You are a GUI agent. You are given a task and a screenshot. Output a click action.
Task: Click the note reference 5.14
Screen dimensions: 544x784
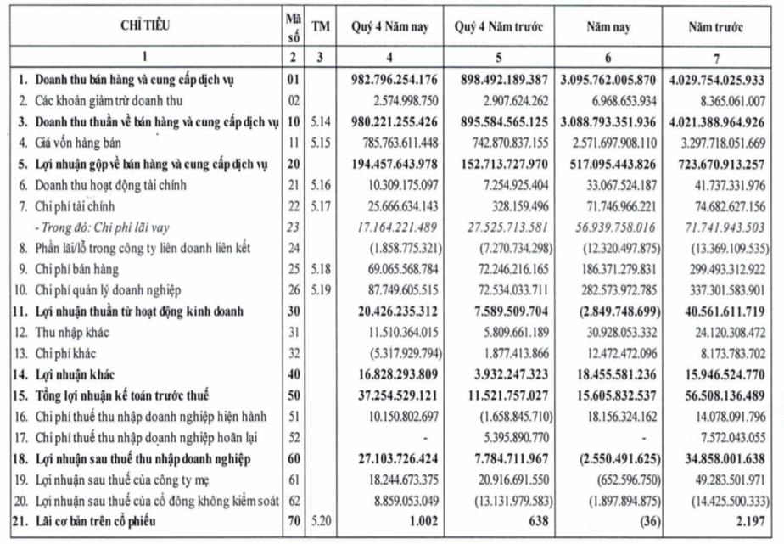click(x=319, y=122)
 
